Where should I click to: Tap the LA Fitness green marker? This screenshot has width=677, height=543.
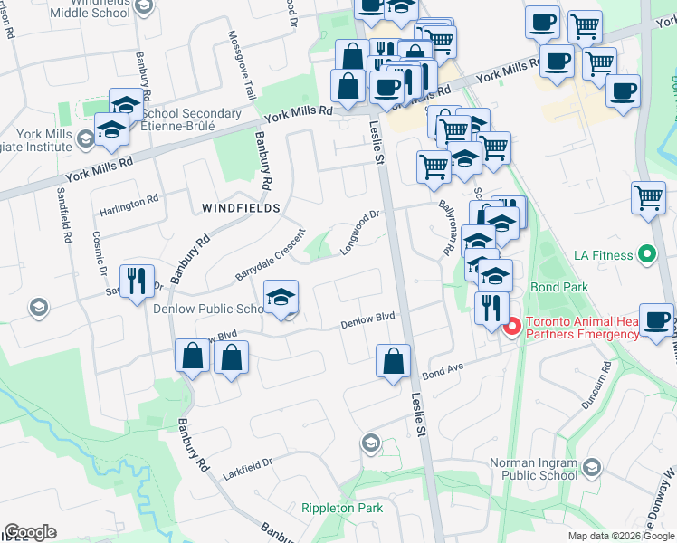click(646, 255)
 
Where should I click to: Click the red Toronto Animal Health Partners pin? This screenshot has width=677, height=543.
click(511, 326)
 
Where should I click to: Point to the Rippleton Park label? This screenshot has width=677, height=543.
click(342, 508)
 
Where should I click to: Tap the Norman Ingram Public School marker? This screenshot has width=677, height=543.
click(592, 467)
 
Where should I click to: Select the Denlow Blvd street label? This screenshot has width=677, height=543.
click(368, 319)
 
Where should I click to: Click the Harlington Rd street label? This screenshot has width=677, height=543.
click(129, 205)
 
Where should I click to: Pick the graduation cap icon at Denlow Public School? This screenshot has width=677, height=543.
click(281, 297)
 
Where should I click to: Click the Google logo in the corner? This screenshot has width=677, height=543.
click(30, 532)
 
